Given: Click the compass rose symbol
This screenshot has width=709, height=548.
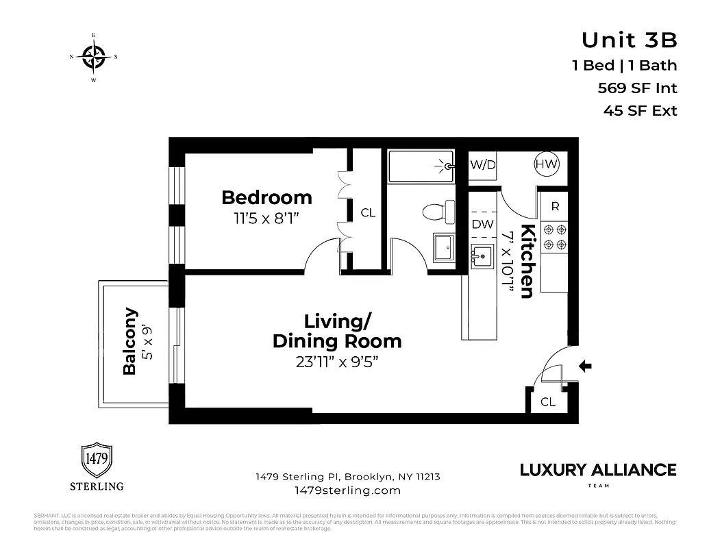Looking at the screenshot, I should coord(94,58).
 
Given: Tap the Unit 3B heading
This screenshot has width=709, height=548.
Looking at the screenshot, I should coord(629,40).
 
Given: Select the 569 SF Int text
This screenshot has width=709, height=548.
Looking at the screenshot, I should coord(637,88).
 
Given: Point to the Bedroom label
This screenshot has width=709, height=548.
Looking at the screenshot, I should coord(266,198).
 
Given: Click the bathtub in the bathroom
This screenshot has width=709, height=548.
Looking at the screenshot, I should coord(421,166).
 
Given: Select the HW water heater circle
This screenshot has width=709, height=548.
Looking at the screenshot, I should coord(547,164).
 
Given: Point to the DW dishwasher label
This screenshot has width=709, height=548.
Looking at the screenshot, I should coord(482,223).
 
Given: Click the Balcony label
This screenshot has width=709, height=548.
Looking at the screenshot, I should coord(130,341).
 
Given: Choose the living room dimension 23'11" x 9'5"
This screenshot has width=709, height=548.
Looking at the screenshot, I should coord(337,362).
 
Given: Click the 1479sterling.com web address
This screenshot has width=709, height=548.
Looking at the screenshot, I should coord(347,490).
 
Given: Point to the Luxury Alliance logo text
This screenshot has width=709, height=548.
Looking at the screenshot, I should coord(597,471).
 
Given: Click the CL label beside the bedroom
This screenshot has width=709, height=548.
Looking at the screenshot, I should coord(368,213).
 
